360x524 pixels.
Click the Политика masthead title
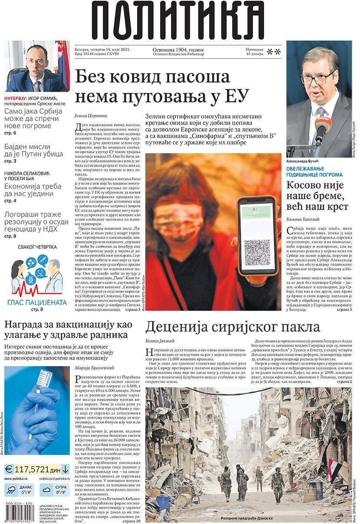[x=178, y=20]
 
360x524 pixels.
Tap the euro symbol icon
[x=9, y=469]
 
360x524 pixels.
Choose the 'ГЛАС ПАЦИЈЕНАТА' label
[x=37, y=302]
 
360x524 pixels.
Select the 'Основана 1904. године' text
[x=178, y=50]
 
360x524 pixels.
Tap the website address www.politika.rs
[x=17, y=478]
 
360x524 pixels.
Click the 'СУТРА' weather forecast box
[x=54, y=491]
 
